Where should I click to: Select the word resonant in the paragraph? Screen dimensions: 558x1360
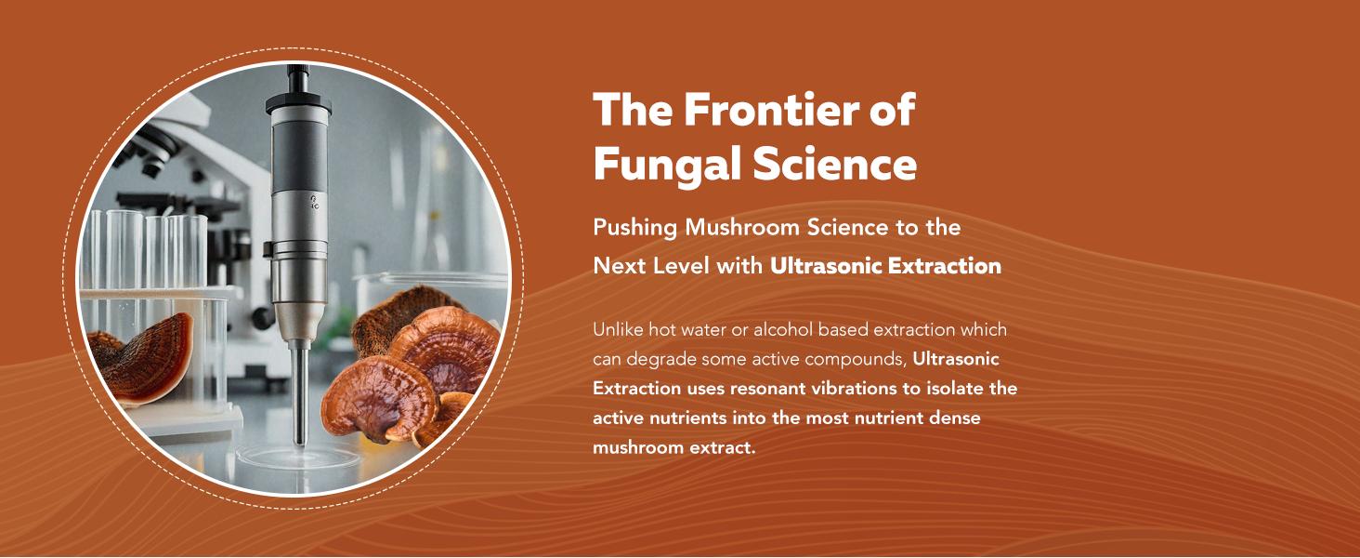pyautogui.click(x=758, y=388)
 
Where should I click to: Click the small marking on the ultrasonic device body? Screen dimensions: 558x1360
pyautogui.click(x=315, y=202)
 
